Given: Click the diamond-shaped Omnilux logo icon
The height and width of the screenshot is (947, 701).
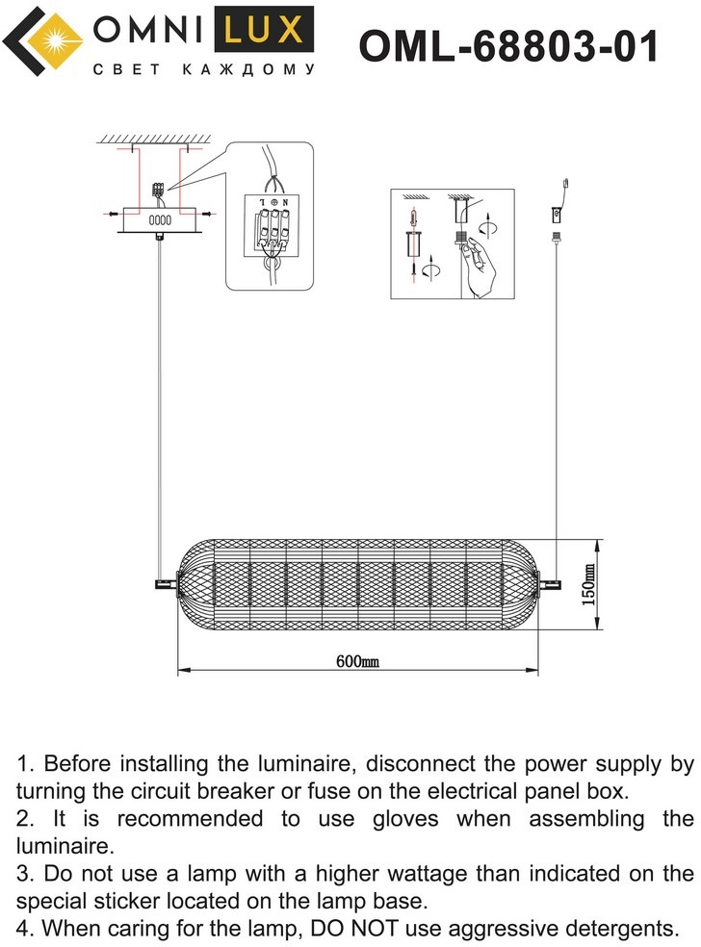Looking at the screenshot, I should tap(44, 43).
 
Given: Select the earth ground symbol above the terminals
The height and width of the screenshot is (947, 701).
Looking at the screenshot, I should tap(273, 201).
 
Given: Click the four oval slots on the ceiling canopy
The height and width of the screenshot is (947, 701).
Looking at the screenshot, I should tap(160, 219).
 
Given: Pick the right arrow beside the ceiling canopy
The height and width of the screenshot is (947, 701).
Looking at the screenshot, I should tap(205, 213).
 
